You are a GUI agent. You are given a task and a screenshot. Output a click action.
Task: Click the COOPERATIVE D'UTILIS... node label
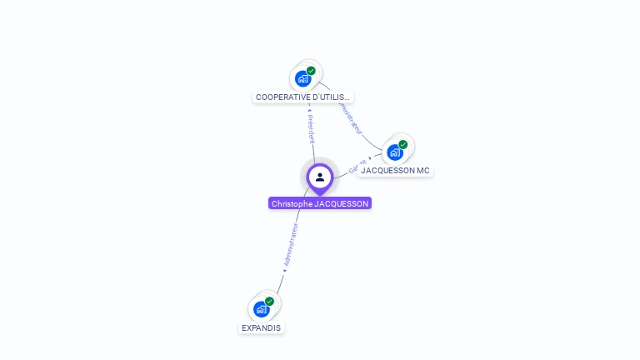coord(303,97)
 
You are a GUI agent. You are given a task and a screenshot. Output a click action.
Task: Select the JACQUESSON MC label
coord(395,170)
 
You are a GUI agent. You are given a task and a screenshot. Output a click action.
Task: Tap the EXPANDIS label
coord(261,327)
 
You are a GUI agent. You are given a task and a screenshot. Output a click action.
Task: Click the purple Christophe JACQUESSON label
coord(320,203)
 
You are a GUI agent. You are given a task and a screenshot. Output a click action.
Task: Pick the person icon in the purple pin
coord(320,177)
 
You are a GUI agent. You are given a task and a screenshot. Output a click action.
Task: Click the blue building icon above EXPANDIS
coord(261,309)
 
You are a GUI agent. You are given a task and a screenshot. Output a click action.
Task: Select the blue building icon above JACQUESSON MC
coord(394,152)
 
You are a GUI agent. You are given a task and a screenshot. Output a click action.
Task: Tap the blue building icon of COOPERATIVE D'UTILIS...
coord(302,78)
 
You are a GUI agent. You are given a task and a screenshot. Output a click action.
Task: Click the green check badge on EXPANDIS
coord(269,301)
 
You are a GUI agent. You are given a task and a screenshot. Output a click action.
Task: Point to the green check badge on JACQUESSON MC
coord(402,144)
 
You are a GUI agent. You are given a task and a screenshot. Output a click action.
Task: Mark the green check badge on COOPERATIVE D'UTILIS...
coord(311,71)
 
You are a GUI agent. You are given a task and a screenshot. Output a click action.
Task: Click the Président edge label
coord(312,129)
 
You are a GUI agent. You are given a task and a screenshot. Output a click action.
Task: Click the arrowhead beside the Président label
coord(310,110)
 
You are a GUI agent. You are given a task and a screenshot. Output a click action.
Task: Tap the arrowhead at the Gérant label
coord(370,157)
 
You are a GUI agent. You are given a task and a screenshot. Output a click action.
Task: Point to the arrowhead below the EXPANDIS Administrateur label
coord(284,271)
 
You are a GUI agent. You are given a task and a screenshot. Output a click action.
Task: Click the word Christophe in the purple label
coord(291,203)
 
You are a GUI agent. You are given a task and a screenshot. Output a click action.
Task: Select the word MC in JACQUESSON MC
coord(422,170)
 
